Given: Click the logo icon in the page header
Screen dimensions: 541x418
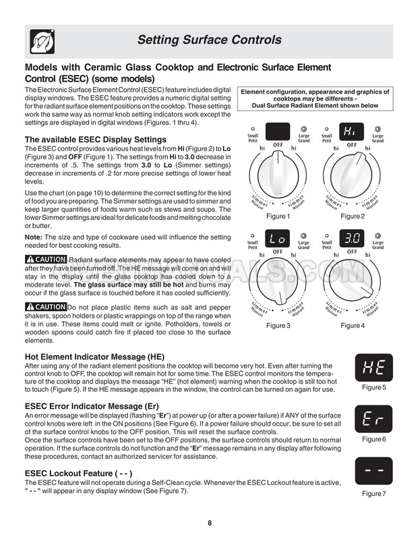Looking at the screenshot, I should (40, 41).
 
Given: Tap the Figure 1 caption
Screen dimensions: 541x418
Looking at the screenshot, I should (277, 217).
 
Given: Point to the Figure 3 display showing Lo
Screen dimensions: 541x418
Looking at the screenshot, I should (278, 239).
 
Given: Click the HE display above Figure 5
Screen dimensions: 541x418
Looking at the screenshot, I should (374, 367).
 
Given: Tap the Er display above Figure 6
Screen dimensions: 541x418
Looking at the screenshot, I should (374, 418).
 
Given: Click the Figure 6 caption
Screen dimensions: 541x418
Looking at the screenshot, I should (374, 439).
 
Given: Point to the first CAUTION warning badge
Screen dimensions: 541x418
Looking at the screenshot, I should (46, 260).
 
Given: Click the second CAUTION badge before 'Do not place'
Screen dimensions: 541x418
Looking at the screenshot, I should (46, 308).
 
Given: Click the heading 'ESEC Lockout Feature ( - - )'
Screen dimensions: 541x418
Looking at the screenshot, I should (78, 474).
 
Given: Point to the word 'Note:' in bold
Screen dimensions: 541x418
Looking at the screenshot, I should (34, 237).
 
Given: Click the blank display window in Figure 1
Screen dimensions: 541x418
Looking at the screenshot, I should (278, 130).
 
